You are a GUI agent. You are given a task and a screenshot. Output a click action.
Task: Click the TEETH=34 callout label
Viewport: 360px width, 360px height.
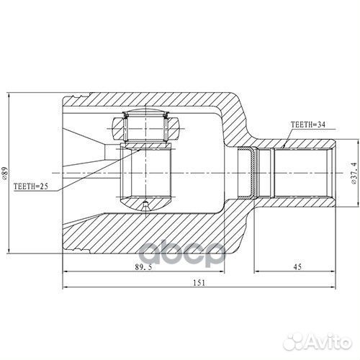click(x=308, y=125)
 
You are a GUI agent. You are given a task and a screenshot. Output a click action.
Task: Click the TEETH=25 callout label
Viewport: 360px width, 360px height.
click(x=31, y=186)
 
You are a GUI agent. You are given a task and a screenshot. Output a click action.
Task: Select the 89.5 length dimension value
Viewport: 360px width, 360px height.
click(x=143, y=267)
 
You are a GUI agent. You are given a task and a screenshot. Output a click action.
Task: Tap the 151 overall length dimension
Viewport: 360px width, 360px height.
click(x=199, y=283)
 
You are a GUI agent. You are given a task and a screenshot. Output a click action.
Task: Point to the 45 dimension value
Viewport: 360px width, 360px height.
click(x=297, y=267)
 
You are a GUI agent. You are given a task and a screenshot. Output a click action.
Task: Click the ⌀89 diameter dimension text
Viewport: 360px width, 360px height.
click(x=5, y=174)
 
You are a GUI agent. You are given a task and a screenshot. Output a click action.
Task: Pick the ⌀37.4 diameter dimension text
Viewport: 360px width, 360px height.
click(x=354, y=173)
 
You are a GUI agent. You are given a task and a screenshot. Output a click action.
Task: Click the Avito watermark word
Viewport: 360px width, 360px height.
click(x=328, y=341)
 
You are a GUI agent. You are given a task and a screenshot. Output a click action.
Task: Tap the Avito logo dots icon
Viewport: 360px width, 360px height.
click(x=293, y=341)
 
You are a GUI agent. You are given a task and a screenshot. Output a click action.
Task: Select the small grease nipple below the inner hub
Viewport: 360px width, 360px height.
click(x=145, y=206)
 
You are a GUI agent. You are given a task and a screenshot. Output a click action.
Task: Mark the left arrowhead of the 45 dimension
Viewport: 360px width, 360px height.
click(x=256, y=271)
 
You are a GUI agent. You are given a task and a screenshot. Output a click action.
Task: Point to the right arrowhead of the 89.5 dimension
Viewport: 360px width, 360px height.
click(x=221, y=271)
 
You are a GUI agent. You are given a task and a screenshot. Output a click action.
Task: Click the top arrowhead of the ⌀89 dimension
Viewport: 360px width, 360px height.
click(x=9, y=96)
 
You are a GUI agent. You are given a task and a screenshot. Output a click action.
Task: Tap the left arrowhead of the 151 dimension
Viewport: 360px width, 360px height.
click(x=66, y=287)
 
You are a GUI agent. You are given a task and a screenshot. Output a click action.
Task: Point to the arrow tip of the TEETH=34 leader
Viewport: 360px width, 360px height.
click(x=284, y=147)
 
